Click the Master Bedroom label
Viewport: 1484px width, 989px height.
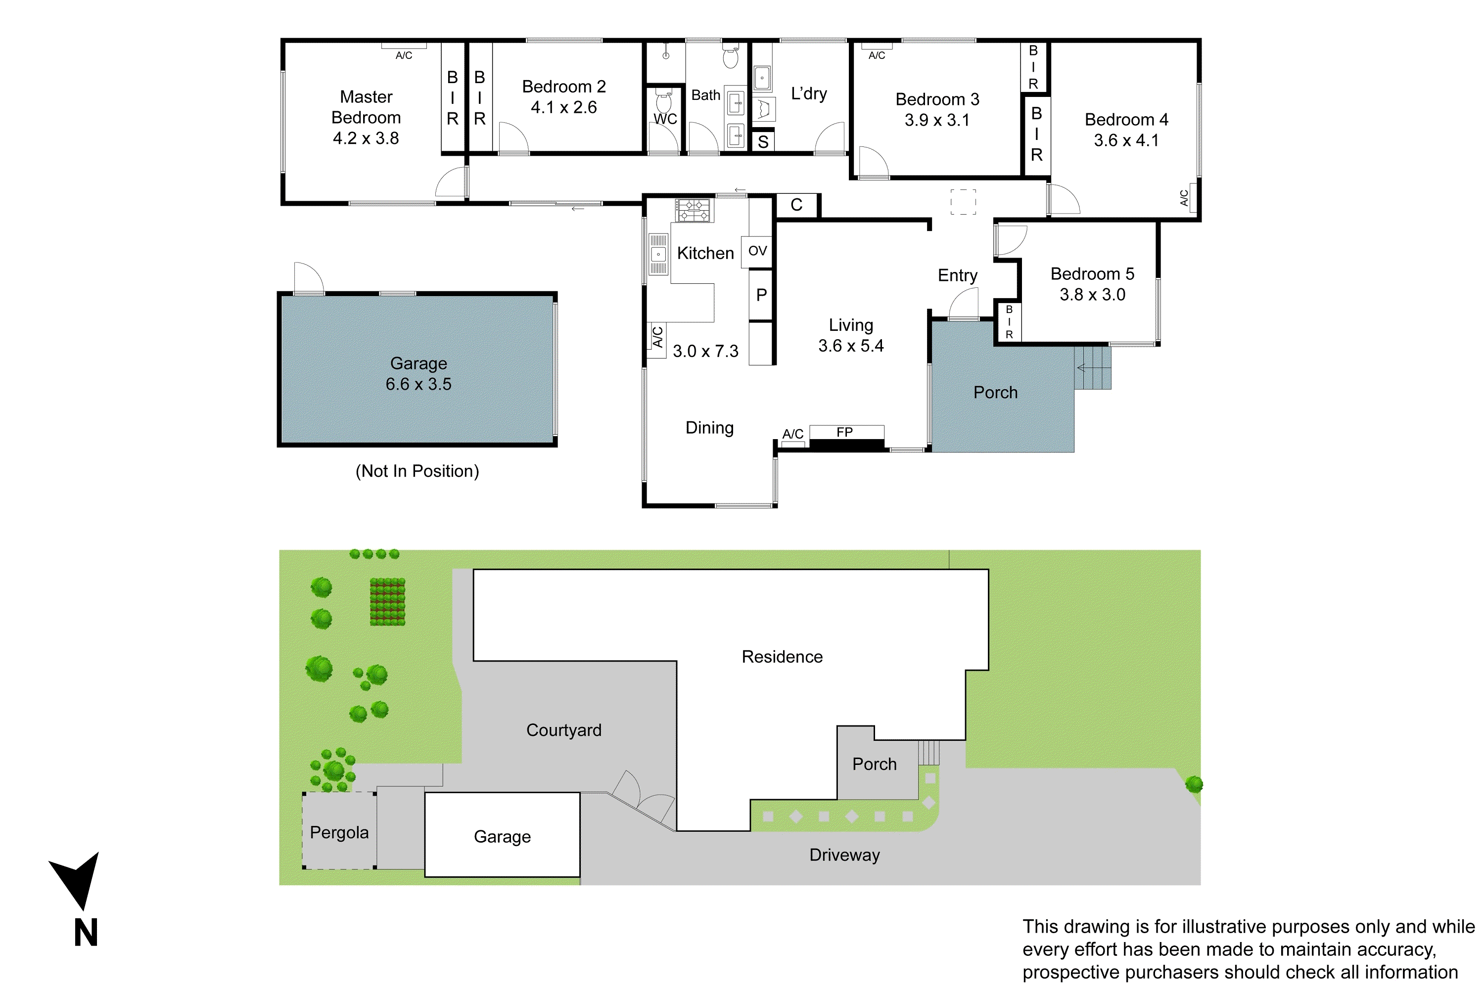pyautogui.click(x=366, y=107)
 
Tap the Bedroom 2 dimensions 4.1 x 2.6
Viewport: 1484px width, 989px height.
pyautogui.click(x=563, y=107)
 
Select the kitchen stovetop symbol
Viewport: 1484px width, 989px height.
pyautogui.click(x=693, y=211)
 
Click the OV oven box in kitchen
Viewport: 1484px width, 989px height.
pyautogui.click(x=757, y=251)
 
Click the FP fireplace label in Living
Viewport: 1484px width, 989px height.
pyautogui.click(x=845, y=432)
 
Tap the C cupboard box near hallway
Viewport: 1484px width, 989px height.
pyautogui.click(x=796, y=205)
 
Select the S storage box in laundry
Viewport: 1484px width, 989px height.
pyautogui.click(x=763, y=142)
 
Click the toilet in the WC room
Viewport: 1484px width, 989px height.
pyautogui.click(x=664, y=101)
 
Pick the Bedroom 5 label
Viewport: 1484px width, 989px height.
pyautogui.click(x=1092, y=274)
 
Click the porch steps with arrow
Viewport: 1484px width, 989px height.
pyautogui.click(x=1092, y=368)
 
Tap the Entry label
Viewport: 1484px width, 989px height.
pyautogui.click(x=957, y=275)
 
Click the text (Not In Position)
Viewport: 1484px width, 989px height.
pyautogui.click(x=417, y=471)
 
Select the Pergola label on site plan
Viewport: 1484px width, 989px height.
pyautogui.click(x=339, y=833)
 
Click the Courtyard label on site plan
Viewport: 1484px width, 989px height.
pyautogui.click(x=563, y=730)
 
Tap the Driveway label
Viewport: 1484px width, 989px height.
pyautogui.click(x=844, y=855)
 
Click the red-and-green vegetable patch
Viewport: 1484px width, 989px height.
pyautogui.click(x=387, y=602)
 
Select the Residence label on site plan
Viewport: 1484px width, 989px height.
pyautogui.click(x=782, y=657)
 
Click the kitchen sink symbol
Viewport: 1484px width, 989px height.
pyautogui.click(x=658, y=254)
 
